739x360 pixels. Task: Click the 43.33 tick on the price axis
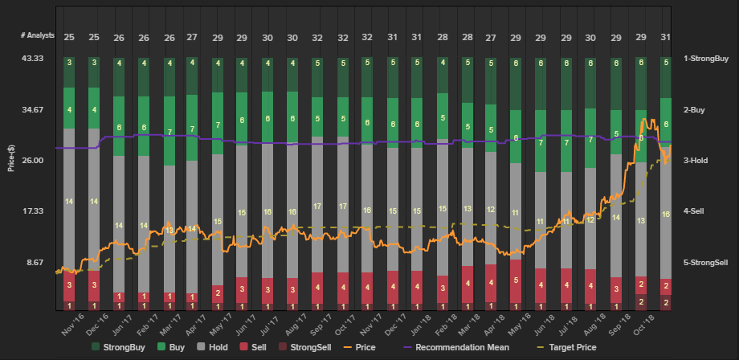click(32, 59)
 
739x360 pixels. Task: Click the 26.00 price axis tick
click(32, 161)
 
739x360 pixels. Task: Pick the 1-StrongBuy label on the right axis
click(706, 59)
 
